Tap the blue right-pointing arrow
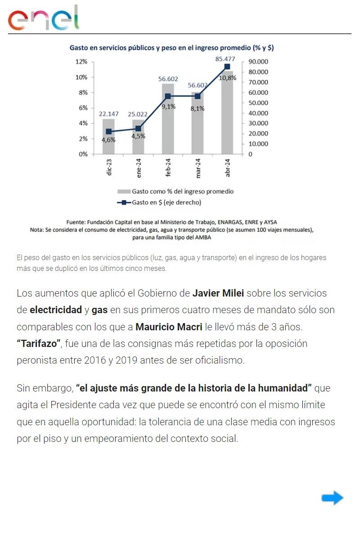(x=333, y=498)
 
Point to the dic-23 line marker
(x=108, y=131)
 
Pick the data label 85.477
(x=225, y=59)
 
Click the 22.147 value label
(x=109, y=114)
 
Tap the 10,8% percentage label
(x=228, y=78)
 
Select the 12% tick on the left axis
(x=81, y=62)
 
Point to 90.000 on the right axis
(x=258, y=62)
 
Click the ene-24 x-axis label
(x=139, y=169)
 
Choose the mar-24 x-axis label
(x=198, y=169)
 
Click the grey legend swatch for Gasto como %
(x=124, y=191)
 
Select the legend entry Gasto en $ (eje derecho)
(x=166, y=202)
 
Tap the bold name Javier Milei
(x=218, y=293)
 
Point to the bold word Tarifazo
(x=39, y=344)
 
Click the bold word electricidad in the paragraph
(x=55, y=310)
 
